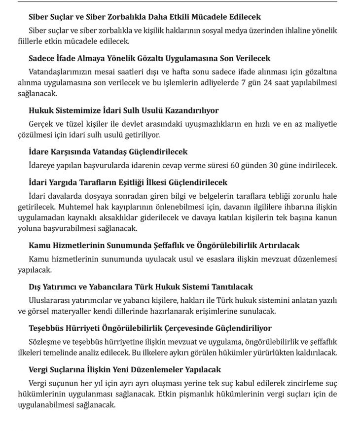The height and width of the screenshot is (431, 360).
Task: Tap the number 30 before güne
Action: [x=294, y=165]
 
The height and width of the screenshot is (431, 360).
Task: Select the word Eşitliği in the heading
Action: [x=124, y=182]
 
